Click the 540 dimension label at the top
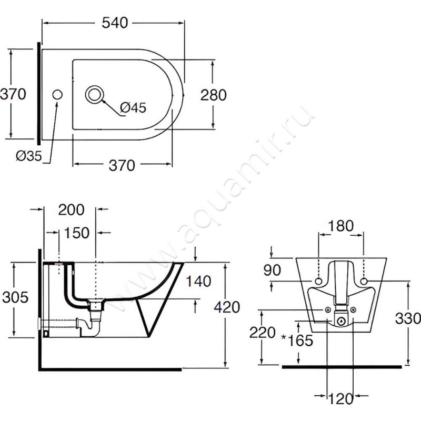(x=115, y=23)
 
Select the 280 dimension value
(x=214, y=95)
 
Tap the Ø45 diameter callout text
(x=133, y=108)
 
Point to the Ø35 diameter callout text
(x=29, y=156)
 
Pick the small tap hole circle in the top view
(x=57, y=95)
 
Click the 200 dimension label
(x=71, y=209)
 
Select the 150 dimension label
(x=76, y=233)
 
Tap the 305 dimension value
(x=15, y=297)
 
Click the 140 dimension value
(x=198, y=282)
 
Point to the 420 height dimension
(x=227, y=307)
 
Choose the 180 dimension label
(x=340, y=226)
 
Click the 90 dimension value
(x=272, y=270)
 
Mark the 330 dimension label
(x=408, y=319)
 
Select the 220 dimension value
(x=263, y=333)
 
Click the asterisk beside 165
(x=284, y=337)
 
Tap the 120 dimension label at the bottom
(x=340, y=399)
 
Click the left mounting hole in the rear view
(x=318, y=281)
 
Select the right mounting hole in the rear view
(x=364, y=281)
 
